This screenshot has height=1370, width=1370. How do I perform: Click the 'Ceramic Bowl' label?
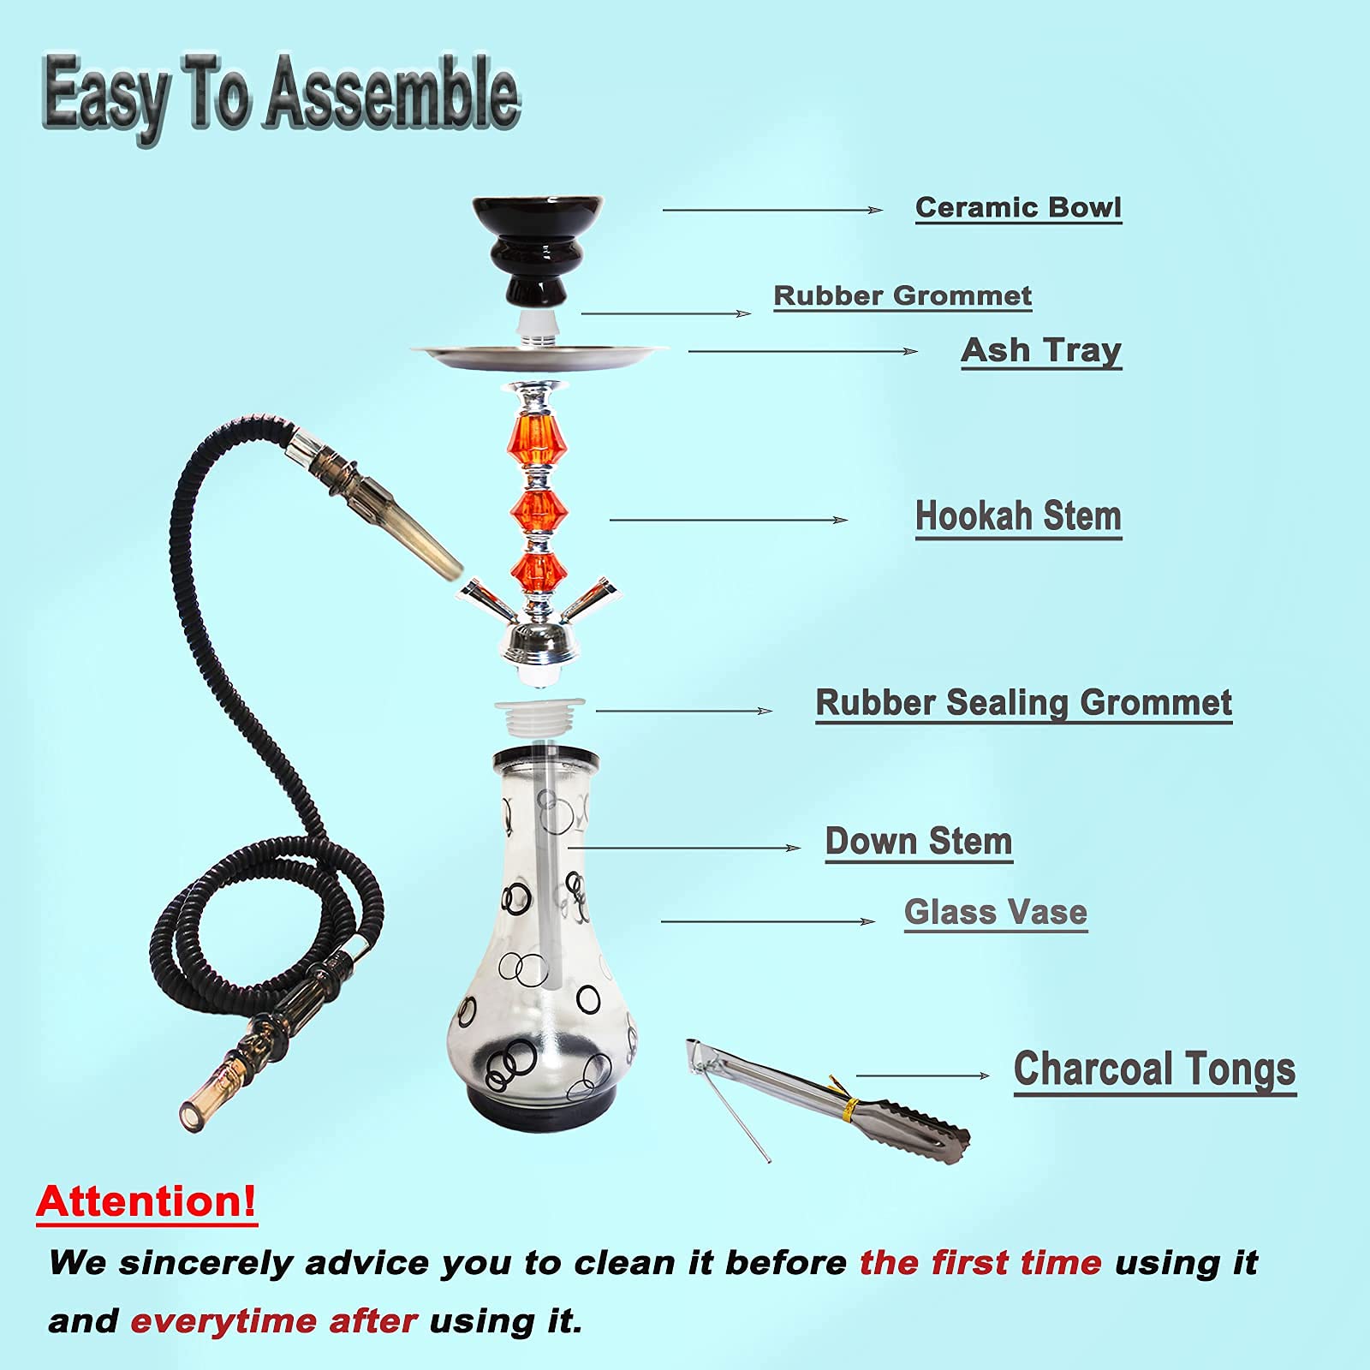(x=1018, y=208)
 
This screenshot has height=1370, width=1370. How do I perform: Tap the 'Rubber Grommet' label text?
(x=902, y=296)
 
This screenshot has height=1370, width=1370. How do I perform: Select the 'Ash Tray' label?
(x=1041, y=350)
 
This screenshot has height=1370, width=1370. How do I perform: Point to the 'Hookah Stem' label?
(x=1018, y=517)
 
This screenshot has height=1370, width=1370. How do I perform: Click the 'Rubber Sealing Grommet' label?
(x=1023, y=703)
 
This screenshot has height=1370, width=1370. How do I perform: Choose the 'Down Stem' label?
(x=919, y=842)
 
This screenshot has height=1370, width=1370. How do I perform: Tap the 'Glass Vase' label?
(x=996, y=913)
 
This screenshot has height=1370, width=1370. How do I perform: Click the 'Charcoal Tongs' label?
(x=1154, y=1070)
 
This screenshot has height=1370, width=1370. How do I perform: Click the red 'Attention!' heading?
(x=146, y=1201)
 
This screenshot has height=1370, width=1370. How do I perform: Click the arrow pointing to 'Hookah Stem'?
(x=728, y=520)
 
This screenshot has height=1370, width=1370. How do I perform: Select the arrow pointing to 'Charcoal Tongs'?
(x=923, y=1075)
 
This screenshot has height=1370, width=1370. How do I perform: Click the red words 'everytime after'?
(x=274, y=1321)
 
